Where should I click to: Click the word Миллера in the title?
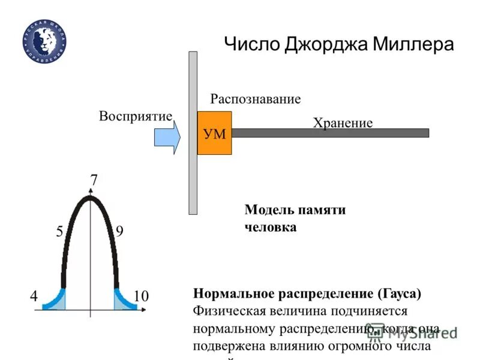click(413, 45)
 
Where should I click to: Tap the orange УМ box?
click(214, 133)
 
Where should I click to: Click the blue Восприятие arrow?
click(167, 137)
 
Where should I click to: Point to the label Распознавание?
click(255, 99)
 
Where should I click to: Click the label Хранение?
click(343, 123)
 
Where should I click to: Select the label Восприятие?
click(136, 116)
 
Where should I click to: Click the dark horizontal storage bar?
click(330, 133)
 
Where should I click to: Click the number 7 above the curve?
click(94, 179)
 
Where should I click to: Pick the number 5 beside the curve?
click(60, 232)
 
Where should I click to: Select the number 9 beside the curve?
click(119, 232)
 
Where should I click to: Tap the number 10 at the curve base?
click(141, 296)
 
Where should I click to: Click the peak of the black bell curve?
click(90, 197)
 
